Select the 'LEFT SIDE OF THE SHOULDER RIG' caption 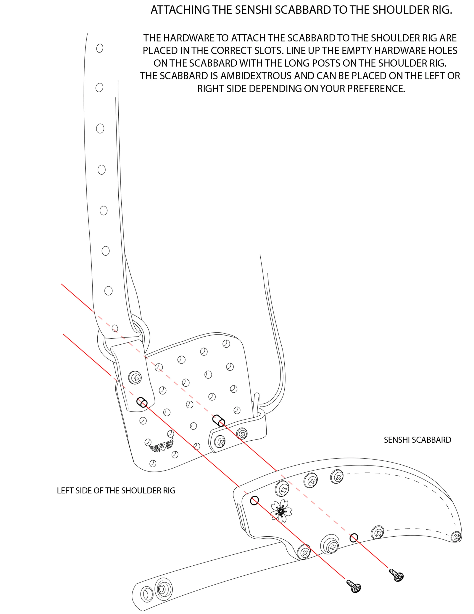(116, 491)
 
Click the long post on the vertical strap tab (142, 402)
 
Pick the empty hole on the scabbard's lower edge (354, 538)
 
